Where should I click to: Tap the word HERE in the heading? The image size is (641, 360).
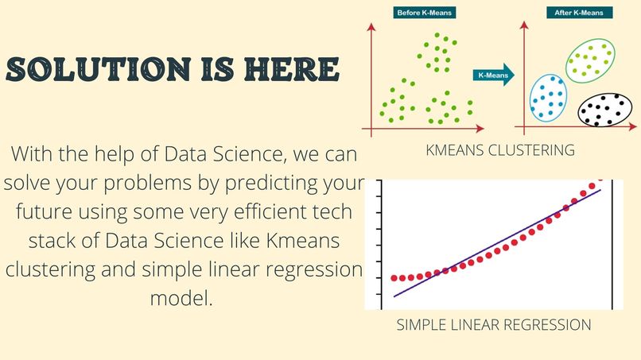(x=292, y=68)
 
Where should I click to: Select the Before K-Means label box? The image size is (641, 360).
(x=425, y=13)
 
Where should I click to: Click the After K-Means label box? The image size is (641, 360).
(x=579, y=13)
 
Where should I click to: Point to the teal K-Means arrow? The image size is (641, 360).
(x=493, y=75)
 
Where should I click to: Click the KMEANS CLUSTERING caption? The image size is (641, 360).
(x=500, y=150)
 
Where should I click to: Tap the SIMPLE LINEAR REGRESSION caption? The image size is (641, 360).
(x=494, y=325)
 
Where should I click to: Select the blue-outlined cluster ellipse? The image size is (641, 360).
(x=530, y=98)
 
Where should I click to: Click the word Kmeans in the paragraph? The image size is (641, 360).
(x=303, y=240)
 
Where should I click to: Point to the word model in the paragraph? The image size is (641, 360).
(x=181, y=298)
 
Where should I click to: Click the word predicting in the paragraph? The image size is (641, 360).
(x=271, y=184)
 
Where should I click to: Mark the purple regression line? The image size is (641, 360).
(x=498, y=243)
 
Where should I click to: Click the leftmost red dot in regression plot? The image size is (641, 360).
(x=394, y=278)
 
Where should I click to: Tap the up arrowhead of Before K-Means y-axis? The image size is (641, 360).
(x=371, y=27)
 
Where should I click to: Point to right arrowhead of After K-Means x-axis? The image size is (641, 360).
(x=633, y=126)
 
